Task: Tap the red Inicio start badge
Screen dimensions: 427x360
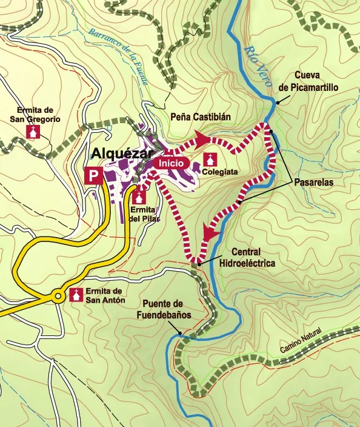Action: click(172, 163)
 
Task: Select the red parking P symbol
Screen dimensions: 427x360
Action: click(93, 176)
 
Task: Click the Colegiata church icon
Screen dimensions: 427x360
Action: click(210, 160)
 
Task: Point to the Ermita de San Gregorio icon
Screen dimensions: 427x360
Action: click(32, 132)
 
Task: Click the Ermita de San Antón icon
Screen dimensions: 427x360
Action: click(76, 295)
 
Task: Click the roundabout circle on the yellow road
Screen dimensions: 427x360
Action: click(58, 297)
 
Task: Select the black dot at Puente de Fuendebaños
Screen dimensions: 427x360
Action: click(181, 332)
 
